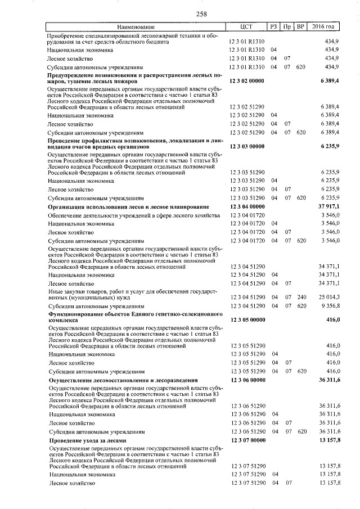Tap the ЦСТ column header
(246, 27)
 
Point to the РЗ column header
(273, 27)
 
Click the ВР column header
(300, 27)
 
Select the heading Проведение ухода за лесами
(87, 440)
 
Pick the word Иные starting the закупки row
(55, 291)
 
